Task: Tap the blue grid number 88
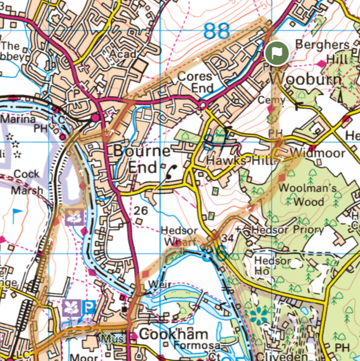pos(216,32)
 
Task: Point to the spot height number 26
pos(141,211)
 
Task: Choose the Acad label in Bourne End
pos(122,54)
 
